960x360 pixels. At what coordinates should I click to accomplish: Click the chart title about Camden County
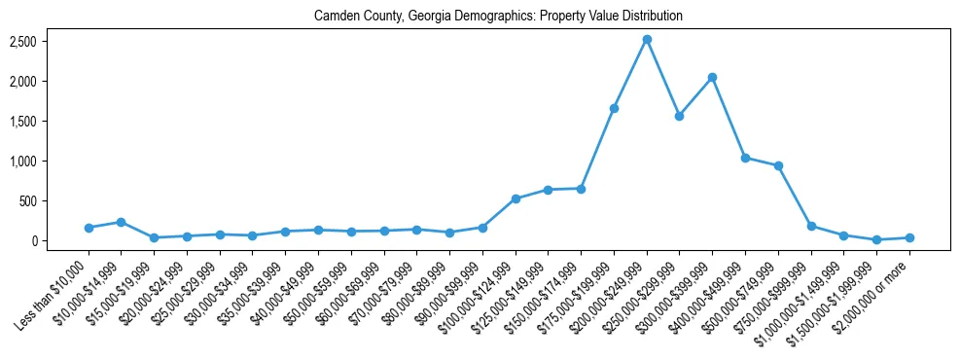(x=498, y=17)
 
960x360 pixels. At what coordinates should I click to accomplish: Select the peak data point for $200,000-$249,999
(x=647, y=39)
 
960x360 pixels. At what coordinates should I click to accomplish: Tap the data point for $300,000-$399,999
(x=712, y=77)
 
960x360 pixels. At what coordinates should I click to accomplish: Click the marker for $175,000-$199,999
(x=614, y=108)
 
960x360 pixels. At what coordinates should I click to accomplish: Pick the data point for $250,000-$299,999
(x=679, y=116)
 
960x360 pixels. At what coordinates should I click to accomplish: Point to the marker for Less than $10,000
(x=89, y=228)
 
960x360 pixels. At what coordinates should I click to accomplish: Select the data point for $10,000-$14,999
(x=121, y=222)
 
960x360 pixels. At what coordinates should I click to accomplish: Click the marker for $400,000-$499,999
(x=745, y=158)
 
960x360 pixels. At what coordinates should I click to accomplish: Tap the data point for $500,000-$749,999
(x=778, y=165)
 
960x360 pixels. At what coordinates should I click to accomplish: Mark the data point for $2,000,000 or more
(x=909, y=237)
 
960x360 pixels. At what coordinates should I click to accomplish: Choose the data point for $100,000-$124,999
(x=516, y=198)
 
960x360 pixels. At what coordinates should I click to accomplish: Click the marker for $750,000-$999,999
(x=811, y=226)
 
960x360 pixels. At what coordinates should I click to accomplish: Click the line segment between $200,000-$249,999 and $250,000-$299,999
(x=663, y=78)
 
